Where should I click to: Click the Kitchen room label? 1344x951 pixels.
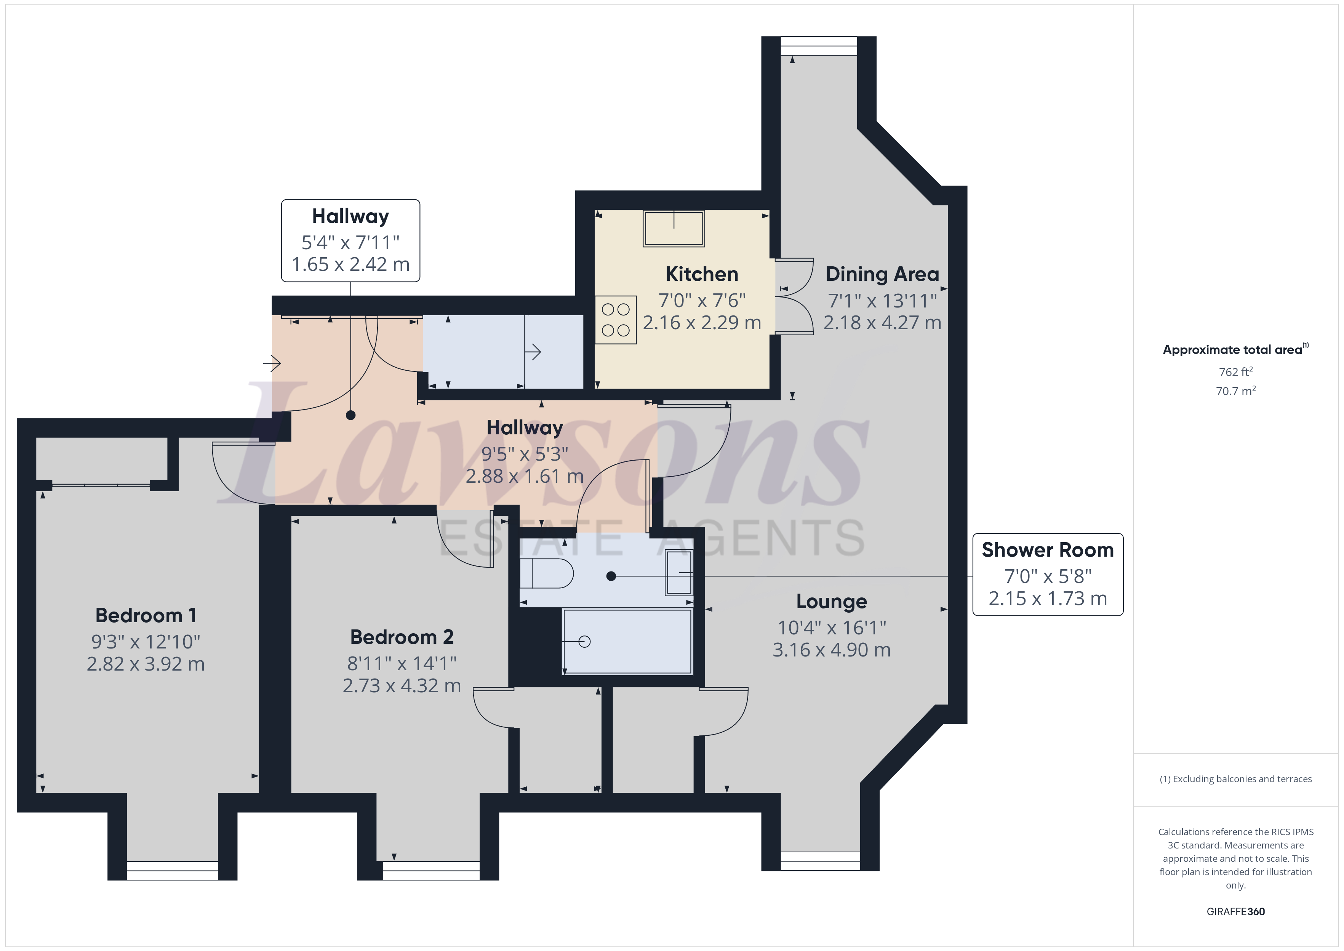click(x=701, y=274)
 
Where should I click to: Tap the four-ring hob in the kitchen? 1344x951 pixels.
click(x=615, y=320)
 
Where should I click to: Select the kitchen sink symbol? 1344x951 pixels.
click(x=674, y=228)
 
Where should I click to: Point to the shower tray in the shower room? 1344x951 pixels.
click(x=627, y=641)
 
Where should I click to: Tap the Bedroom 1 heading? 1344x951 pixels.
click(x=146, y=615)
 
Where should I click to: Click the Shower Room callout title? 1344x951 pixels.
click(x=1047, y=550)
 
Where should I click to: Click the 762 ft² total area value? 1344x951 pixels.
click(x=1235, y=372)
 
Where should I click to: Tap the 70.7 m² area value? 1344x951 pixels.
click(x=1235, y=391)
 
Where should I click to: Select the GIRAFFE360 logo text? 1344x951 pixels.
click(x=1235, y=911)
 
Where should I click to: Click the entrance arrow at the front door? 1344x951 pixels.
click(x=272, y=363)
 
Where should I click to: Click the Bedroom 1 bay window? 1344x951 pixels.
click(x=172, y=870)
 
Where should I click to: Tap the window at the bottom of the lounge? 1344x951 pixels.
click(x=820, y=861)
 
